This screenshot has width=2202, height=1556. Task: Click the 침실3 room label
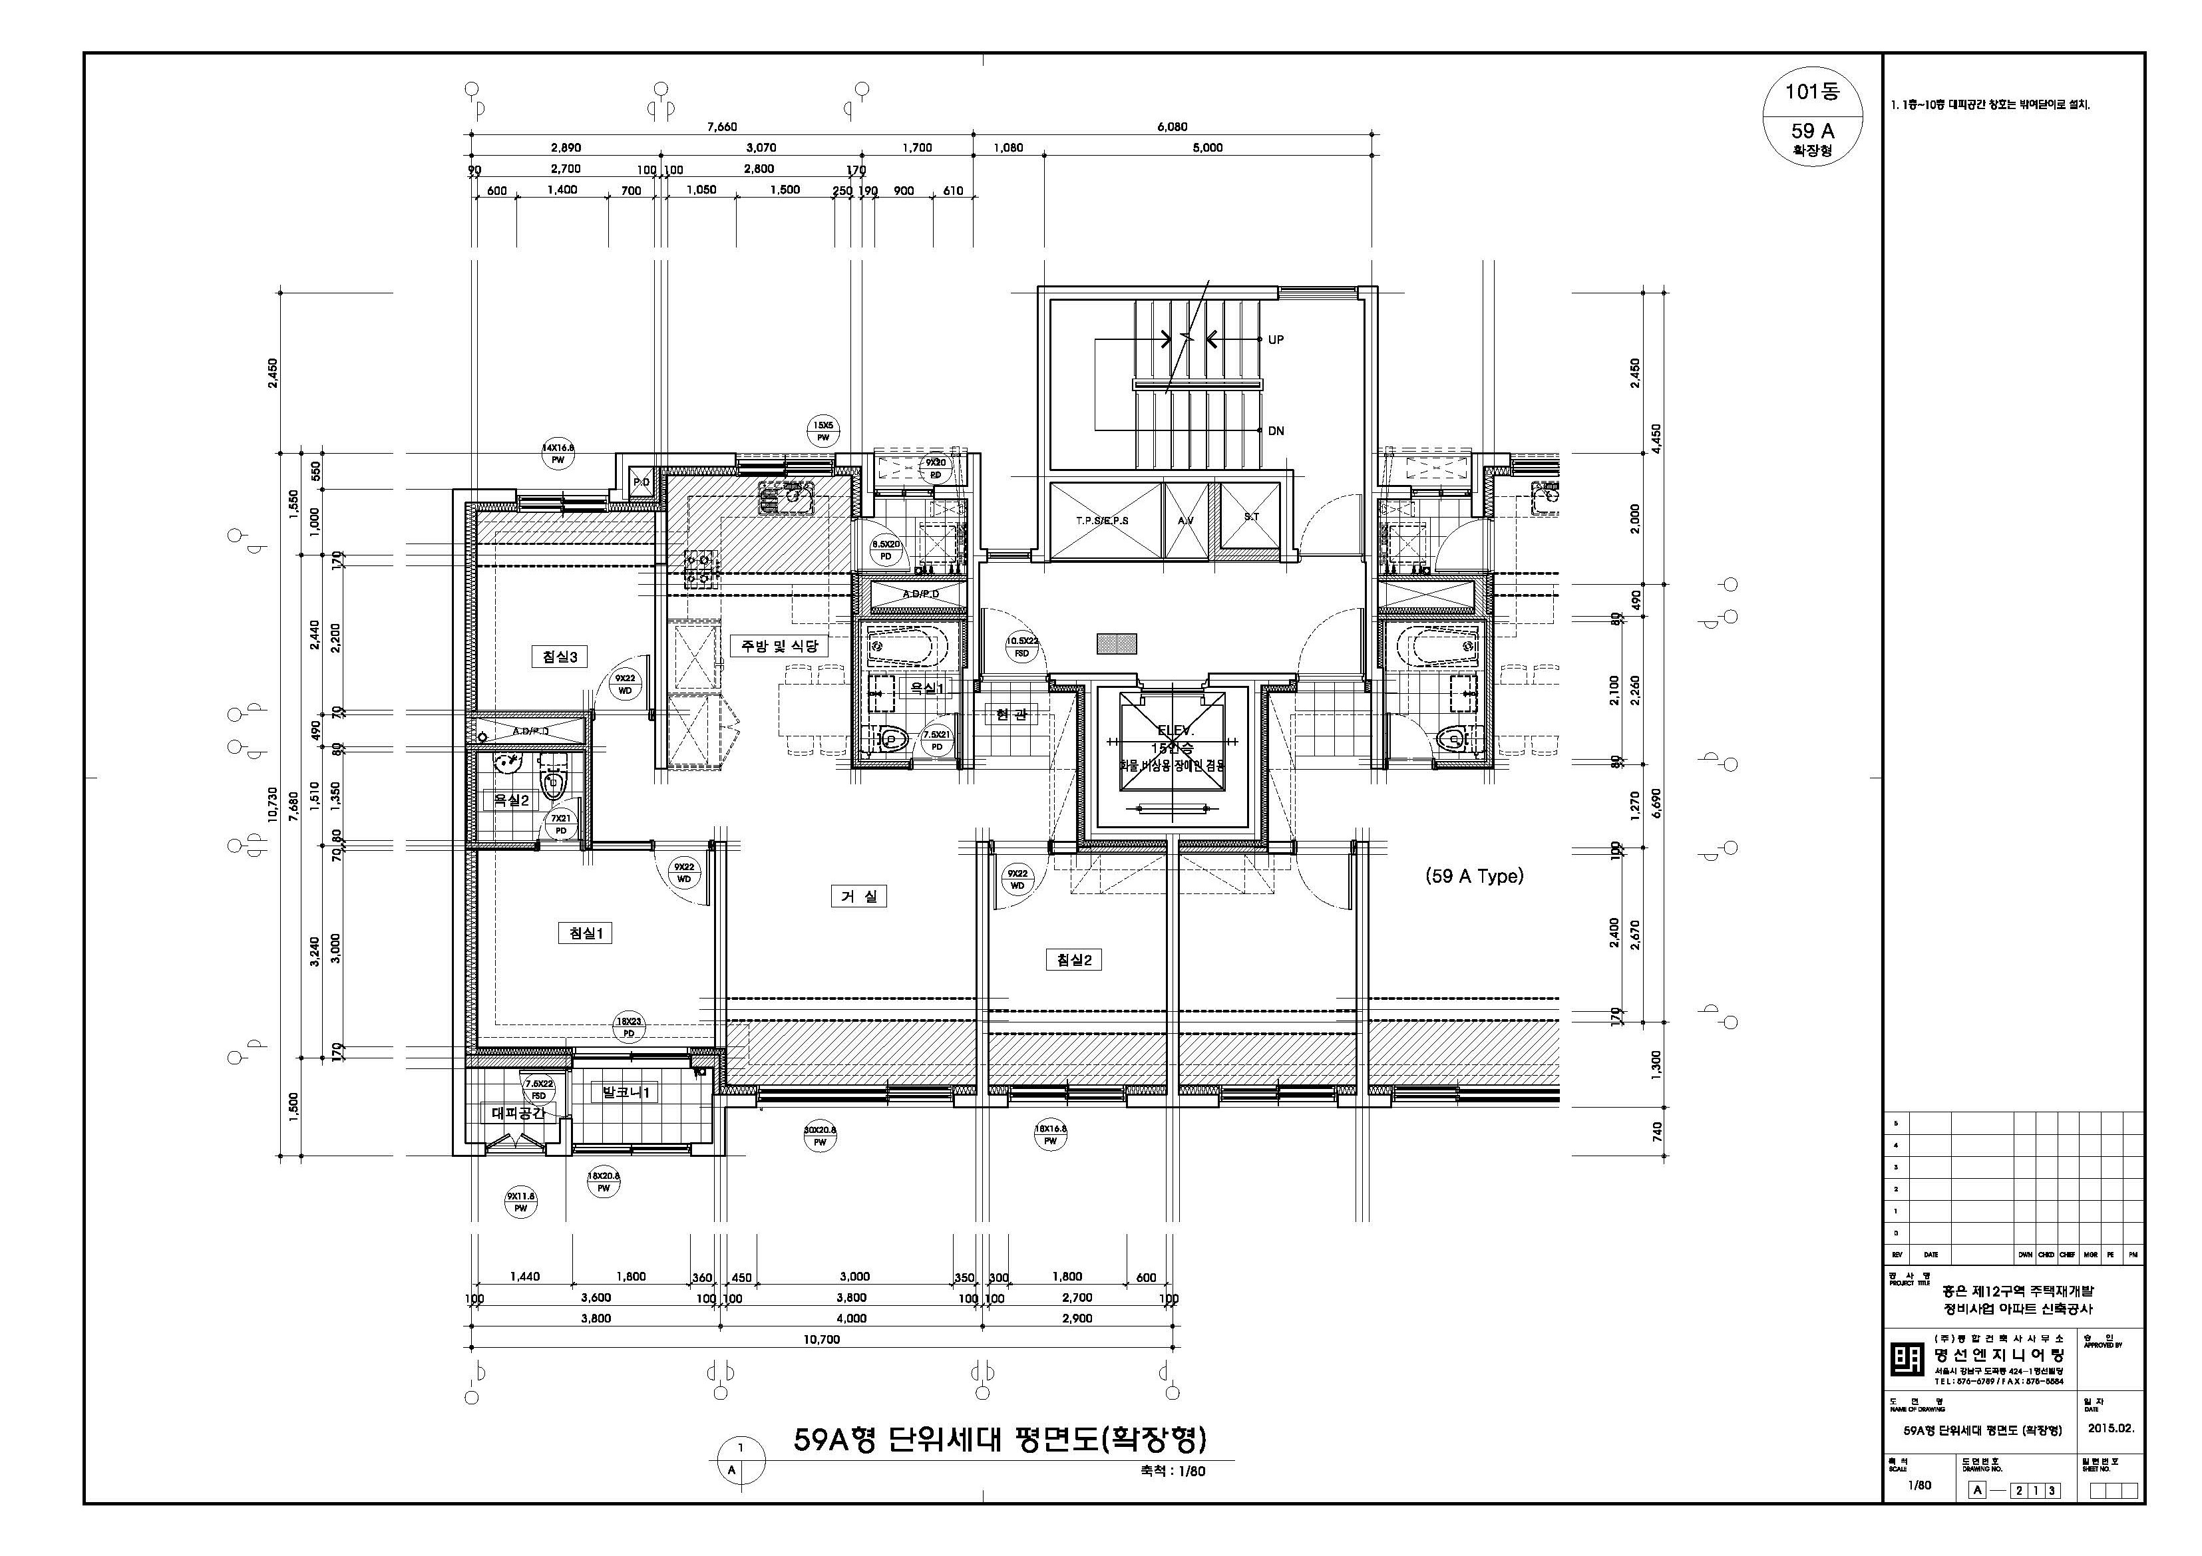click(x=558, y=657)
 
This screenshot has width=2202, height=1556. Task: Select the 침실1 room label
click(x=584, y=933)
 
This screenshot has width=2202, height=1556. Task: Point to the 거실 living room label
click(x=858, y=895)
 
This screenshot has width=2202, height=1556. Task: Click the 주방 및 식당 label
click(x=779, y=645)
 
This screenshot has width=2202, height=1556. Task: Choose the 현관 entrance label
click(x=1011, y=714)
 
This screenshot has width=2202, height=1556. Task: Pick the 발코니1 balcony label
click(x=626, y=1092)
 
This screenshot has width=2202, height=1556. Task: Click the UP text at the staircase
click(x=1276, y=339)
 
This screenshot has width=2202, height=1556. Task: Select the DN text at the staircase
click(x=1276, y=430)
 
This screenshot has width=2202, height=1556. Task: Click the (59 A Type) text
click(x=1474, y=875)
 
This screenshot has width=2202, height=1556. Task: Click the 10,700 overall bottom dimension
click(x=821, y=1339)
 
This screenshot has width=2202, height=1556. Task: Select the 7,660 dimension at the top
click(x=721, y=126)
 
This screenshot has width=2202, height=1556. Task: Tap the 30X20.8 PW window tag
click(x=820, y=1136)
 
